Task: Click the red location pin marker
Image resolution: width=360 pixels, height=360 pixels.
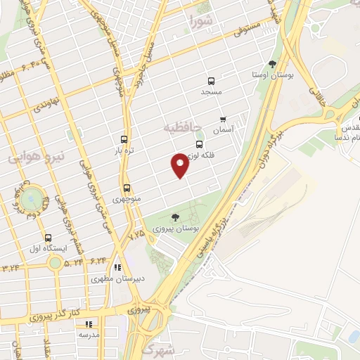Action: click(179, 165)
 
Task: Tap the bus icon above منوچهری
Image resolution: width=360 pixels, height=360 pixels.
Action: click(127, 188)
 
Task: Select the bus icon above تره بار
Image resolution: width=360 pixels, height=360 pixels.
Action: click(124, 139)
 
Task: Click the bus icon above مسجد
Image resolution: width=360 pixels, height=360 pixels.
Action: click(211, 81)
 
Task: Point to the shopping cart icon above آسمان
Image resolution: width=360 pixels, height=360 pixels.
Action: click(223, 119)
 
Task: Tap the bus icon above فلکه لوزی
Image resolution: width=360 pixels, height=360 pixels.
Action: click(200, 144)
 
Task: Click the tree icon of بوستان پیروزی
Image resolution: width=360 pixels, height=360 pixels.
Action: click(175, 217)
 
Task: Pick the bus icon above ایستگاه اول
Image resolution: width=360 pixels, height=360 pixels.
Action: click(48, 238)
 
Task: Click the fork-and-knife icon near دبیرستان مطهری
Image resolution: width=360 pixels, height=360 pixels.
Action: click(117, 267)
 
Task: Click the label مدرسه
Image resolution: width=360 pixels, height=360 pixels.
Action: click(89, 335)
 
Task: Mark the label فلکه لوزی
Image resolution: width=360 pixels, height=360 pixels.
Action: click(202, 155)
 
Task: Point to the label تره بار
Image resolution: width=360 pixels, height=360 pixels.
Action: click(124, 150)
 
